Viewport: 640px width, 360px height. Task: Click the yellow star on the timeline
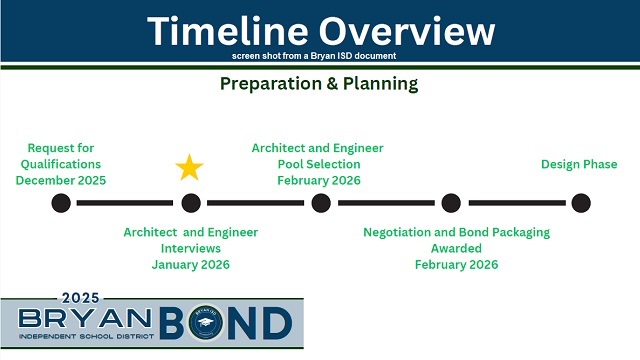[x=190, y=167]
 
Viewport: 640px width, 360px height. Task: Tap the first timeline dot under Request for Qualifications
[x=61, y=203]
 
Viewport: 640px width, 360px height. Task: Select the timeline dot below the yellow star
[x=191, y=203]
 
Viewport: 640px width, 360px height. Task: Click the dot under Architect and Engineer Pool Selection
[x=321, y=203]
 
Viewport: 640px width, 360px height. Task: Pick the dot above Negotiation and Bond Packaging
[x=451, y=203]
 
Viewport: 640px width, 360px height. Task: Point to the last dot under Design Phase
[x=580, y=203]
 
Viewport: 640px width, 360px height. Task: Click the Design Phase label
[x=579, y=164]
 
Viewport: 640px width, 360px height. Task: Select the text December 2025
[x=61, y=181]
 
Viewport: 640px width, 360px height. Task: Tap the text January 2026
[x=191, y=265]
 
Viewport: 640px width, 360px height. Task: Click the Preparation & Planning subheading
[x=319, y=84]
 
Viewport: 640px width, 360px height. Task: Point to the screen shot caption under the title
[x=320, y=55]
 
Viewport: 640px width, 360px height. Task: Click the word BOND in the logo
[x=235, y=322]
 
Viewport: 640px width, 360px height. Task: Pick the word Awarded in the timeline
[x=456, y=249]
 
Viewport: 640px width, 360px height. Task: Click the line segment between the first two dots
[x=126, y=203]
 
